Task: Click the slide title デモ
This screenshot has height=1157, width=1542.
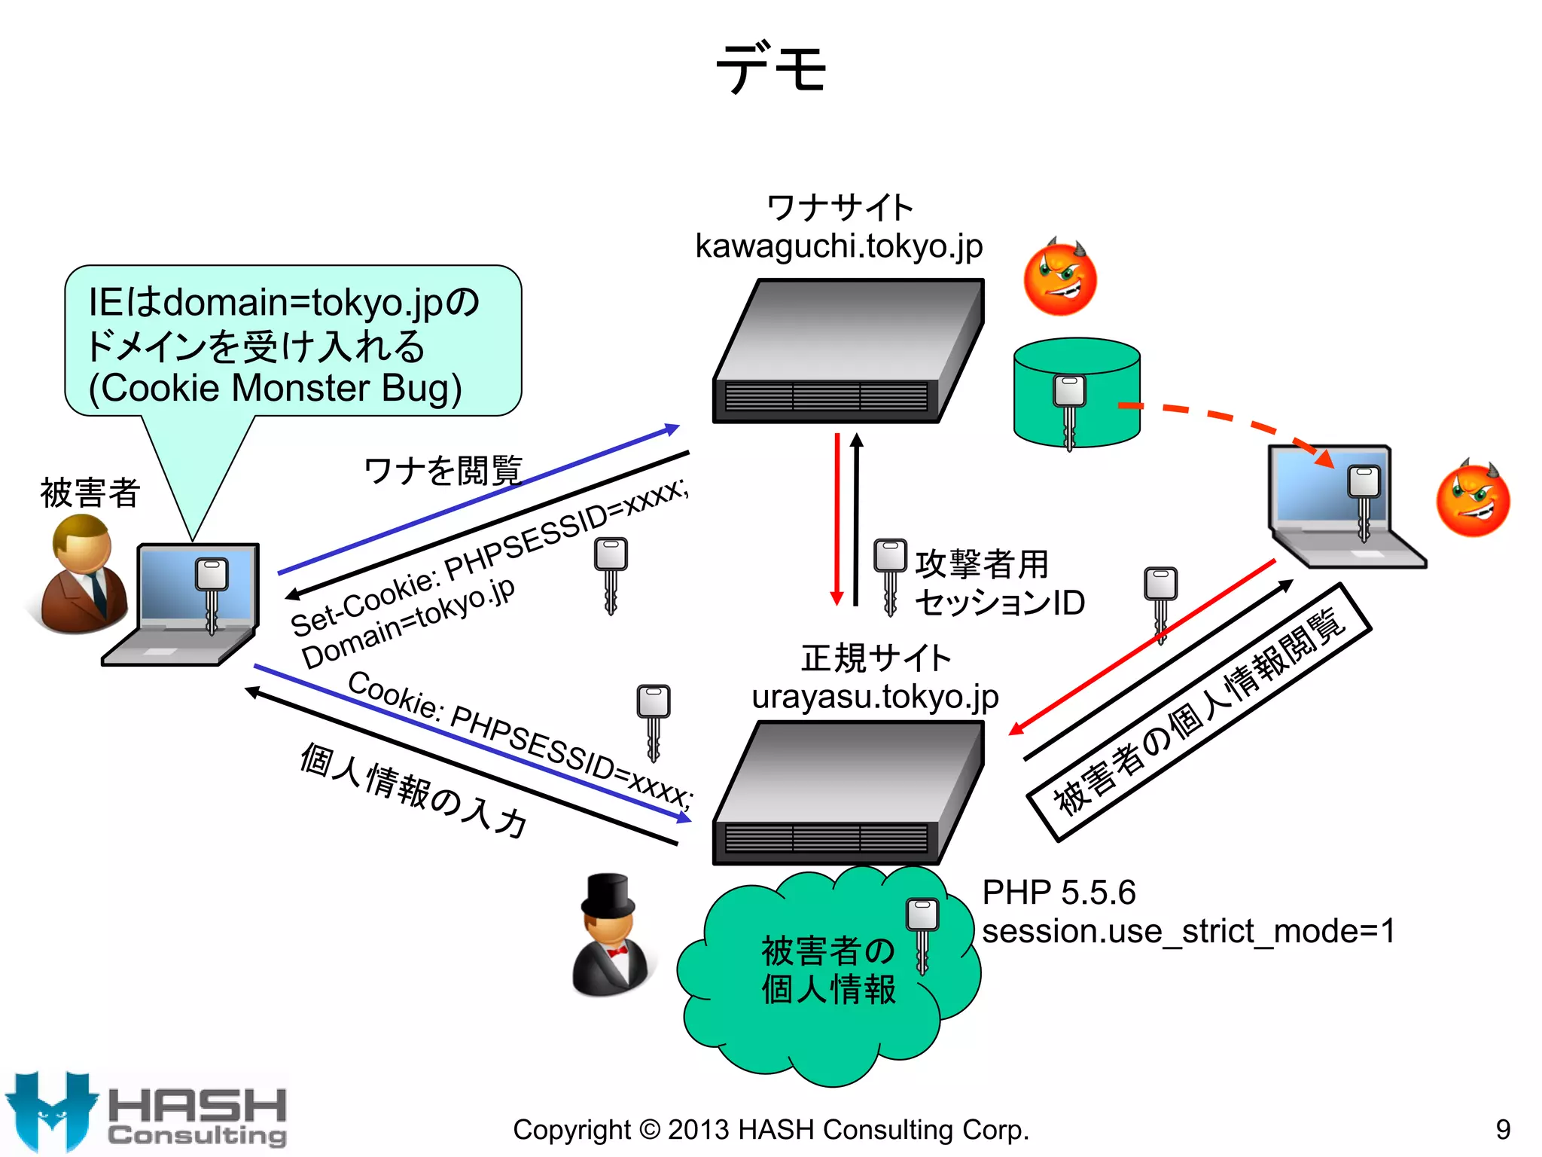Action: pyautogui.click(x=771, y=68)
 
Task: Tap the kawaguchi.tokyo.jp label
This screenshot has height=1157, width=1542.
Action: pyautogui.click(x=839, y=246)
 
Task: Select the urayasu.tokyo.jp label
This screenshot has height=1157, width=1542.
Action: pyautogui.click(x=875, y=697)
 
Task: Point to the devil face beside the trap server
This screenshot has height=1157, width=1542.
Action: pyautogui.click(x=1060, y=276)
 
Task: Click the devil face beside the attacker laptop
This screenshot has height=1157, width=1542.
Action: pyautogui.click(x=1473, y=499)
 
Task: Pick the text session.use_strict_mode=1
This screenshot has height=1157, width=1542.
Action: pyautogui.click(x=1188, y=932)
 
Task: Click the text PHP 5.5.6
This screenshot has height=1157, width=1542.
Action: pyautogui.click(x=1059, y=893)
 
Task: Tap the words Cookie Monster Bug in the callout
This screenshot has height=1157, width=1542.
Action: pyautogui.click(x=276, y=389)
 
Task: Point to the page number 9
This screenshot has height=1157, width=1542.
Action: pyautogui.click(x=1503, y=1130)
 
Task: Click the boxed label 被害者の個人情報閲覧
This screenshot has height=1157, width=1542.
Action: pyautogui.click(x=1199, y=712)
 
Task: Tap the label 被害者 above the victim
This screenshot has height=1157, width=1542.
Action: pyautogui.click(x=90, y=493)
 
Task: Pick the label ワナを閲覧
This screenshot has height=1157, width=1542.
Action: pyautogui.click(x=443, y=472)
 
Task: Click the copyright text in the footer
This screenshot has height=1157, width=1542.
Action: pyautogui.click(x=770, y=1130)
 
